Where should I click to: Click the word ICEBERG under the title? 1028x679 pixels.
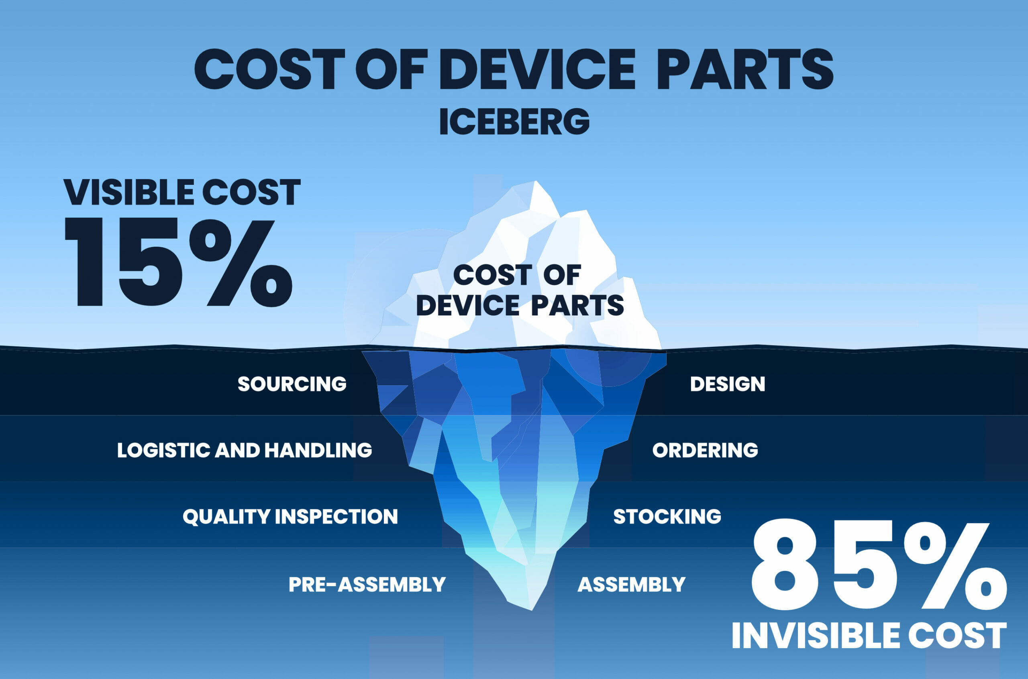point(514,122)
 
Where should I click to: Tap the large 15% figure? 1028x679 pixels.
point(178,263)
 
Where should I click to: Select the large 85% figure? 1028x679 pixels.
point(878,566)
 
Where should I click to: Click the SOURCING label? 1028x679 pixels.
point(292,384)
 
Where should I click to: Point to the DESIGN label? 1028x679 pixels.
point(728,384)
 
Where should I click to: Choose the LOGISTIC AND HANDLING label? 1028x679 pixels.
point(245,450)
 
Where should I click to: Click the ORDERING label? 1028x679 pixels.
point(705,450)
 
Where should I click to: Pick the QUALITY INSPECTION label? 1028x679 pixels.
point(290,517)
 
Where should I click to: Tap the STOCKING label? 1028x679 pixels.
point(667,517)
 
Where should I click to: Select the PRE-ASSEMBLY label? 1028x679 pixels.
point(367,585)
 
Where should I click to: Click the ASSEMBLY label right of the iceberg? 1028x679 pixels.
point(632,585)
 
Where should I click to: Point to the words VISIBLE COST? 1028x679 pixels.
point(182,192)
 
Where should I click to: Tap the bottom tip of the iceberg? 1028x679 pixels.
point(532,610)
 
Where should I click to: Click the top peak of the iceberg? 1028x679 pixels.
point(536,182)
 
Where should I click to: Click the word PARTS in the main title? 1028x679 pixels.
point(745,69)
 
